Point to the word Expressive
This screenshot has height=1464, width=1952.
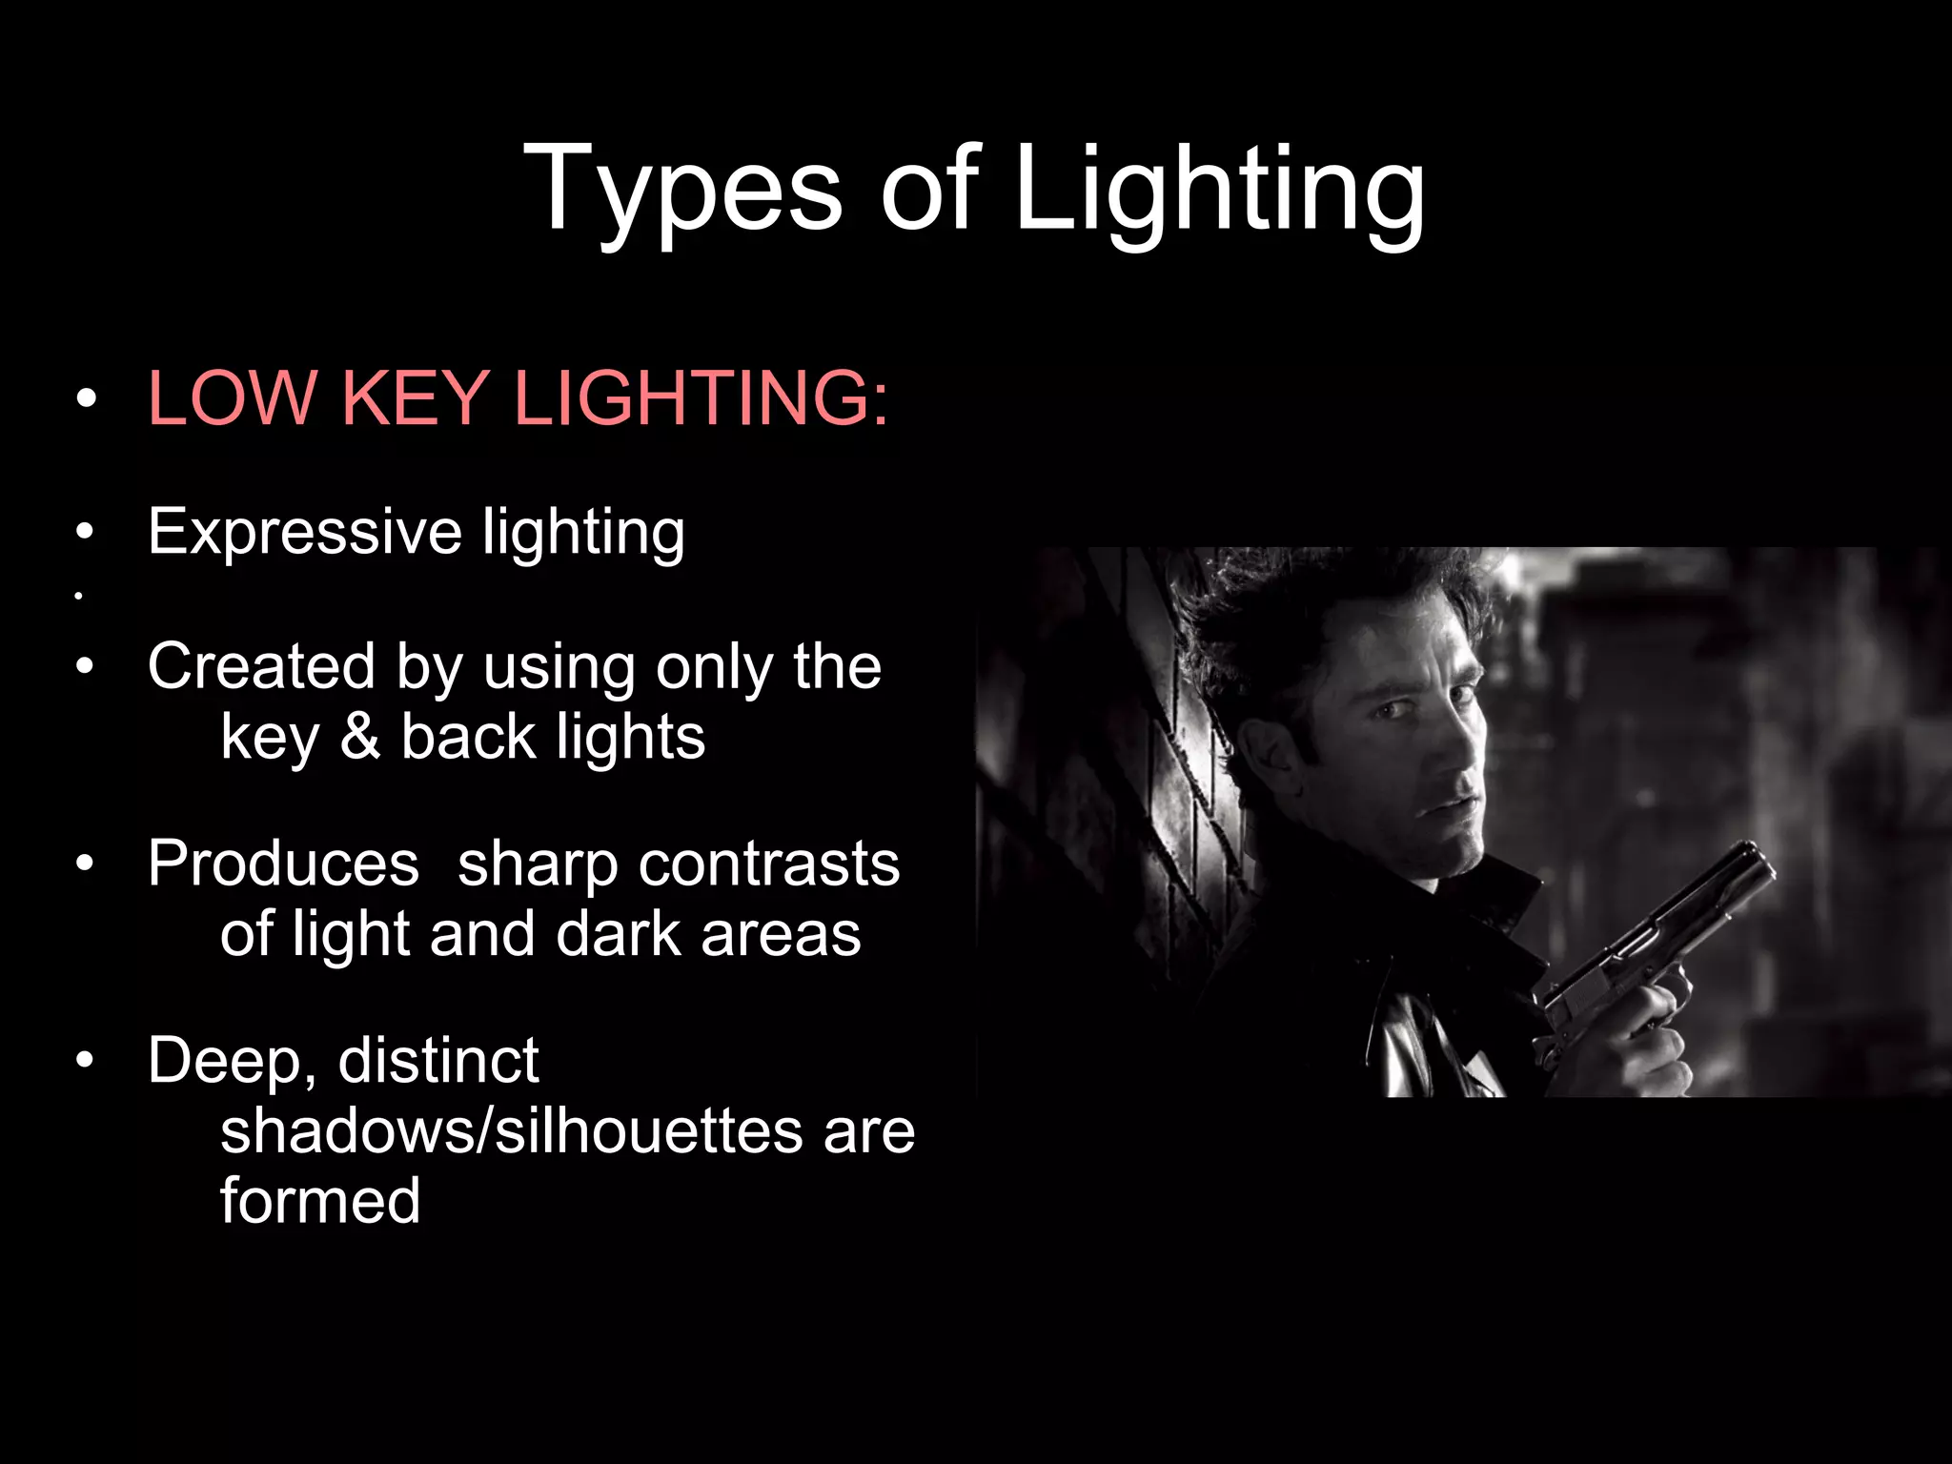(x=304, y=532)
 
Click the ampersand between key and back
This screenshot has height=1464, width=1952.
(x=360, y=737)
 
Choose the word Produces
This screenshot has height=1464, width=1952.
(x=283, y=864)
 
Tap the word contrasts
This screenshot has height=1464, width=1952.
(x=769, y=864)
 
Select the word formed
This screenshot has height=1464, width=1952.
(x=319, y=1201)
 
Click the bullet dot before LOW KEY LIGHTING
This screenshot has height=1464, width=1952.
(x=86, y=398)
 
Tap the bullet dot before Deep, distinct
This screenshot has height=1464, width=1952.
(x=86, y=1060)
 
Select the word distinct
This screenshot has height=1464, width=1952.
(x=438, y=1061)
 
